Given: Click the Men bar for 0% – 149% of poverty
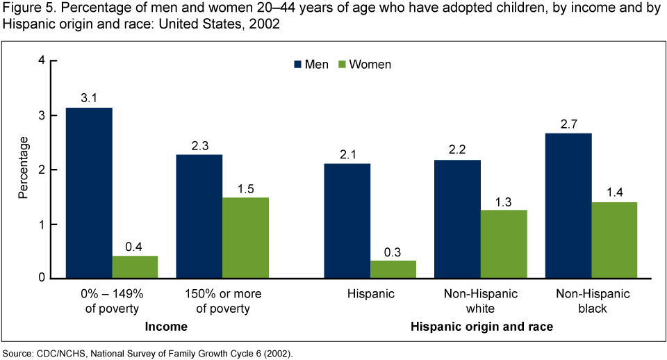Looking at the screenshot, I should click(x=89, y=193).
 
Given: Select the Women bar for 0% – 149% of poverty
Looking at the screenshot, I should click(x=135, y=268).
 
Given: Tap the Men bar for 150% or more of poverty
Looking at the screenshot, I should click(x=199, y=216).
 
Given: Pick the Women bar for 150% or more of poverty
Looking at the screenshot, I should click(x=245, y=238).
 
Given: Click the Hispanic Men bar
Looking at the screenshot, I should click(x=347, y=221).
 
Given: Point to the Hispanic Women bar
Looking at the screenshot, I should click(x=393, y=270).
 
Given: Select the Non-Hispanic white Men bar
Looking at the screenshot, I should click(x=458, y=219).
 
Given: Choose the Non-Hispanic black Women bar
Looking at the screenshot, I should click(x=614, y=240).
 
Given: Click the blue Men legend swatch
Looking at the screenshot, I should click(x=297, y=65).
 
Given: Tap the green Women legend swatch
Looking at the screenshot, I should click(x=342, y=65).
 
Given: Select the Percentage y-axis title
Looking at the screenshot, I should click(x=24, y=169).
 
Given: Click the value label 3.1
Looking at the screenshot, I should click(x=89, y=97).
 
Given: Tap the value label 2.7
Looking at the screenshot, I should click(x=568, y=122).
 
